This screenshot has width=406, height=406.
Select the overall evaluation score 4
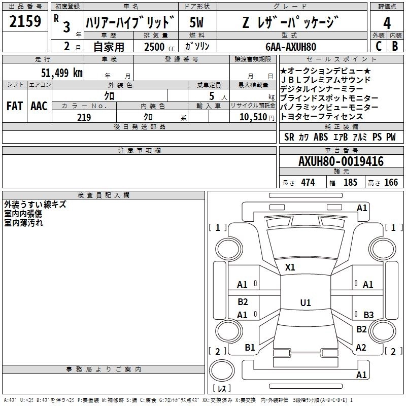coord(387,23)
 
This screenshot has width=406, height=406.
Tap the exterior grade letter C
coord(379,46)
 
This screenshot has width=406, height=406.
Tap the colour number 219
coord(84,117)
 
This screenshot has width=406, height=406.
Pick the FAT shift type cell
coord(15,106)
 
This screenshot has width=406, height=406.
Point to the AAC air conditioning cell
coord(39,106)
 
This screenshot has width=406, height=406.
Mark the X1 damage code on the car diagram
coord(290,267)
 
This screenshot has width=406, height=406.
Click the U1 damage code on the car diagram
coord(305,302)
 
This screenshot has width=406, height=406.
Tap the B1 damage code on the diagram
coord(250,348)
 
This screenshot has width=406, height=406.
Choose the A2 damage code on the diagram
coord(361,348)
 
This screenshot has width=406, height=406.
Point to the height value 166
coord(391,183)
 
